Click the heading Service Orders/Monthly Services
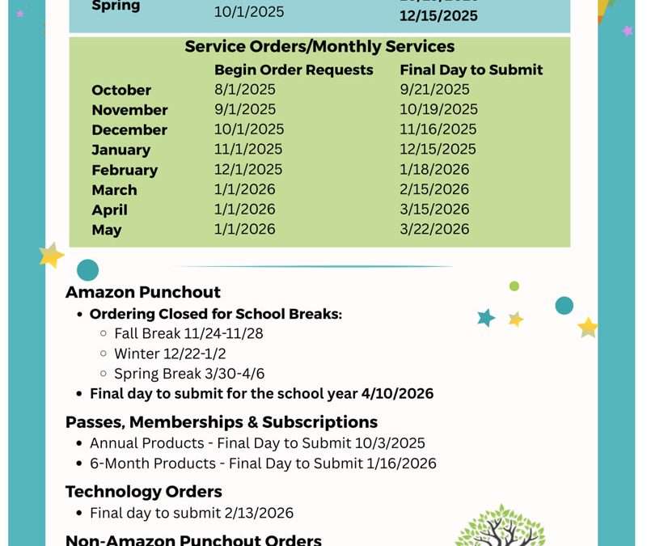319,47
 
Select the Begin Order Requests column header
294,70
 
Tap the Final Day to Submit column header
471,70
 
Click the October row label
121,90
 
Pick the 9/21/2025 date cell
434,90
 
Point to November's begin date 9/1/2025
245,109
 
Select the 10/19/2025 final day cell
438,109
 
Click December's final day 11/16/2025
438,129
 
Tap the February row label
125,170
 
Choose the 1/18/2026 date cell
434,169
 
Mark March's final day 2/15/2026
434,189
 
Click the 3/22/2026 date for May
434,229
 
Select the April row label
110,210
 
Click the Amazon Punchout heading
143,292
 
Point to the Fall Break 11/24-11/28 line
188,332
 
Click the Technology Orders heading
143,491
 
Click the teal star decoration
486,317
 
